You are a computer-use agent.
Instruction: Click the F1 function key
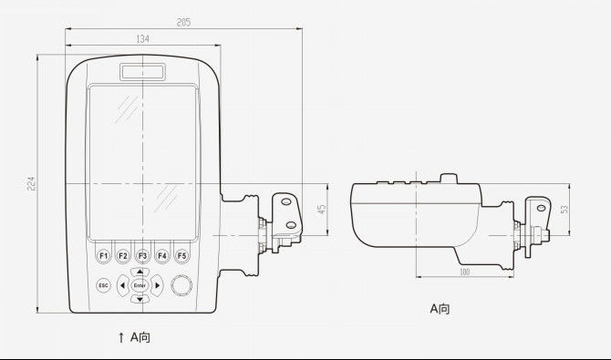[x=103, y=256]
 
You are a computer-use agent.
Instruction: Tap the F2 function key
[x=123, y=256]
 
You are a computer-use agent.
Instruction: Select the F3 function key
[x=142, y=256]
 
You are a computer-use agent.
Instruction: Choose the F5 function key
[x=182, y=256]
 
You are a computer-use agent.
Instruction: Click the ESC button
[x=103, y=285]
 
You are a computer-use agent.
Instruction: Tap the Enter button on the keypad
[x=140, y=285]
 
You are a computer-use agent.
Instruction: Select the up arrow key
[x=140, y=272]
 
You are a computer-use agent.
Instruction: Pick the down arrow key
[x=140, y=299]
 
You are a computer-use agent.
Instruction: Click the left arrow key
[x=123, y=285]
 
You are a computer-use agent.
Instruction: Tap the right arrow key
[x=157, y=285]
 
